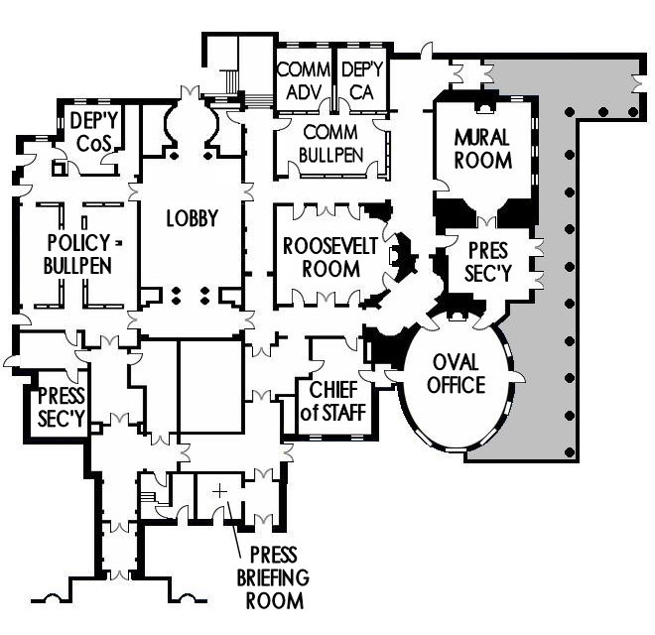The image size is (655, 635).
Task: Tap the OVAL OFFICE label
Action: coord(458,374)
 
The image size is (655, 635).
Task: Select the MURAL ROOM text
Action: coord(483,148)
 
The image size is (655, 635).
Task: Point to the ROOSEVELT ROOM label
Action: coord(329,257)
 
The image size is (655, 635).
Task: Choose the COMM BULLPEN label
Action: coord(330,143)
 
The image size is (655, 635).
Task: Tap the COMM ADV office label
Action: coord(303,80)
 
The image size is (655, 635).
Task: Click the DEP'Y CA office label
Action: coord(361,80)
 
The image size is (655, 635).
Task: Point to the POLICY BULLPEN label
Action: coord(78,254)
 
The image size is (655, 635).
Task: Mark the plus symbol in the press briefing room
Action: coord(219,491)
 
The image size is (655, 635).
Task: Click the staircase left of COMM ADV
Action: coord(233,77)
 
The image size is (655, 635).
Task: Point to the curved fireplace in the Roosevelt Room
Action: coord(402,257)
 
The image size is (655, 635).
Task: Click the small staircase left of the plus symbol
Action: coord(150,492)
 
